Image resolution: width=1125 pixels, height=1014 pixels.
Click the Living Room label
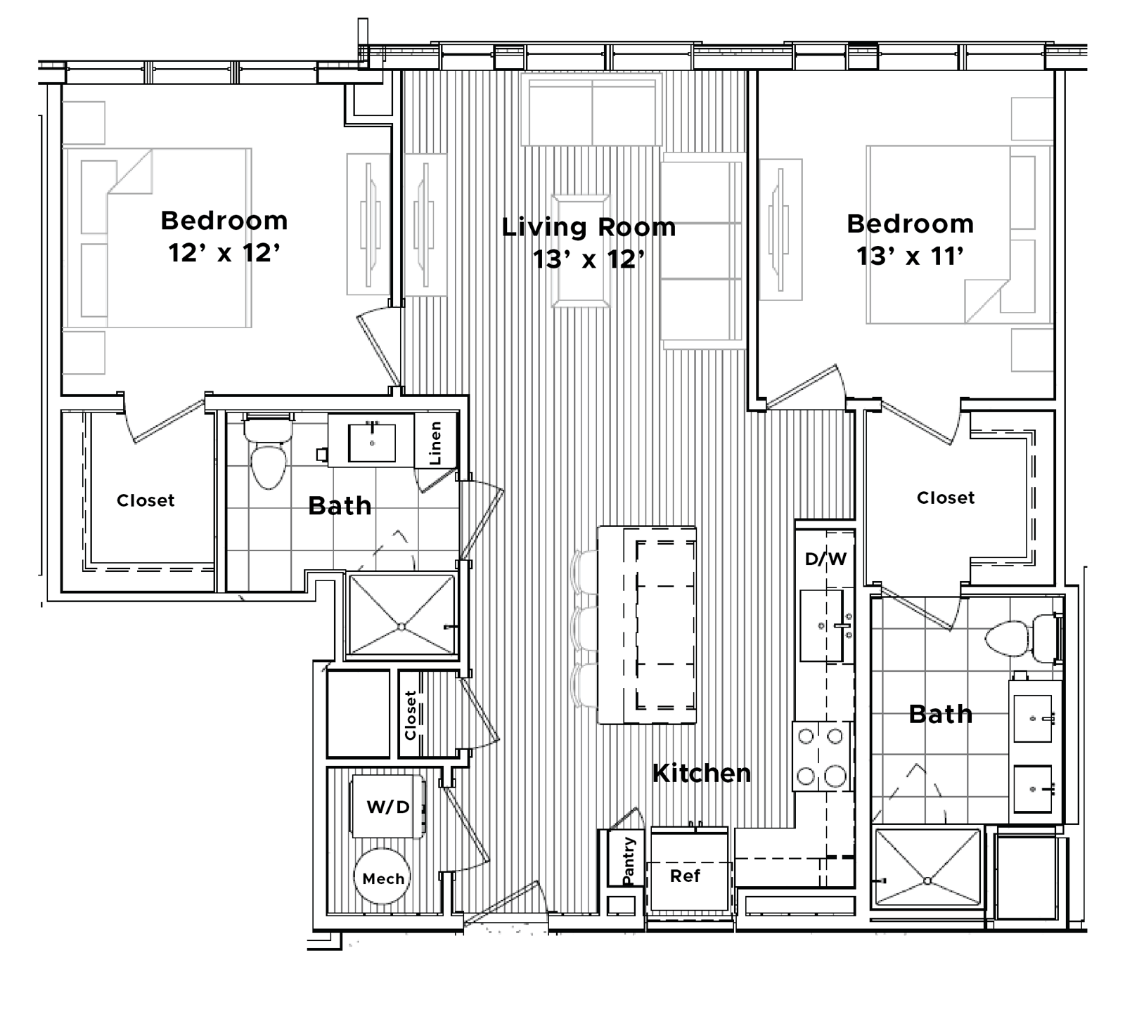tap(589, 227)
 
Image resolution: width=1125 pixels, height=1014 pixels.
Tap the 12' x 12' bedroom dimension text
tap(224, 252)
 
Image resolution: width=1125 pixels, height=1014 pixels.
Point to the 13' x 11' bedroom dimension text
tap(910, 256)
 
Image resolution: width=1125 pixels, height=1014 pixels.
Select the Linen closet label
tap(435, 443)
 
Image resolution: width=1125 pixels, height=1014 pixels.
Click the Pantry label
tap(629, 861)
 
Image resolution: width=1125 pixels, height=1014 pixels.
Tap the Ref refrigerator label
tap(685, 876)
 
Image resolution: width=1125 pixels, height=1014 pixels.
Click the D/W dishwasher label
tap(825, 559)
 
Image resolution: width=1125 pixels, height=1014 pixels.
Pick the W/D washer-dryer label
tap(387, 807)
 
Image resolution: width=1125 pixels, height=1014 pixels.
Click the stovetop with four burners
tap(821, 756)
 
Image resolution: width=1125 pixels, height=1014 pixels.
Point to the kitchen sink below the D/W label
tap(822, 625)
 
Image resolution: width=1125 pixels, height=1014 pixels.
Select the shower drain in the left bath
tap(401, 627)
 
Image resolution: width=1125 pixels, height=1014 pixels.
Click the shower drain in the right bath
tap(927, 880)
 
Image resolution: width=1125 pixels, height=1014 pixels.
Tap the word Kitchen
tap(701, 773)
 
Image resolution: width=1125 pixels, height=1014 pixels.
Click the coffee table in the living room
tap(580, 251)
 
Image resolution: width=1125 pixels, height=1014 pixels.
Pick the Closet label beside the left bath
tap(146, 500)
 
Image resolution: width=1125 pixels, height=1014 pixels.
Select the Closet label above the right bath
tap(946, 498)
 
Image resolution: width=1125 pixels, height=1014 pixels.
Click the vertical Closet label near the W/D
tap(411, 715)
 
